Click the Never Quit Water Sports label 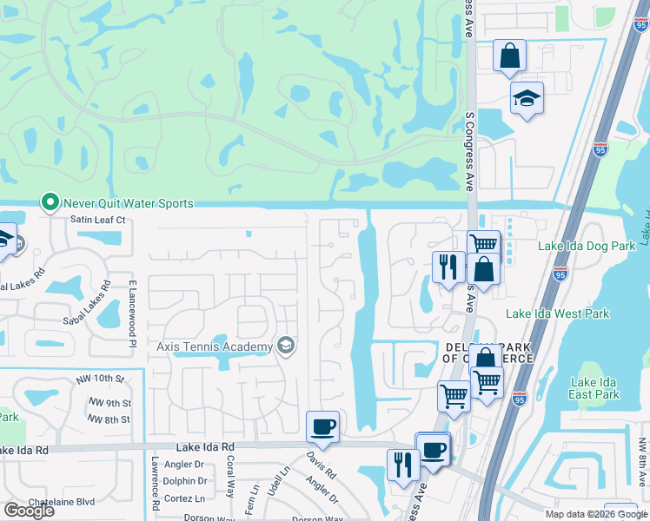click(127, 203)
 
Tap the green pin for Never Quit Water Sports click(50, 203)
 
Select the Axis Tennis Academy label click(215, 347)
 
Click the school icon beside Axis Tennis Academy click(285, 347)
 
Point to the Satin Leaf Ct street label click(98, 220)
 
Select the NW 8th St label click(110, 419)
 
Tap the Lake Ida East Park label click(595, 388)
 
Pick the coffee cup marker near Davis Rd click(322, 425)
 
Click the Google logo click(29, 511)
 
